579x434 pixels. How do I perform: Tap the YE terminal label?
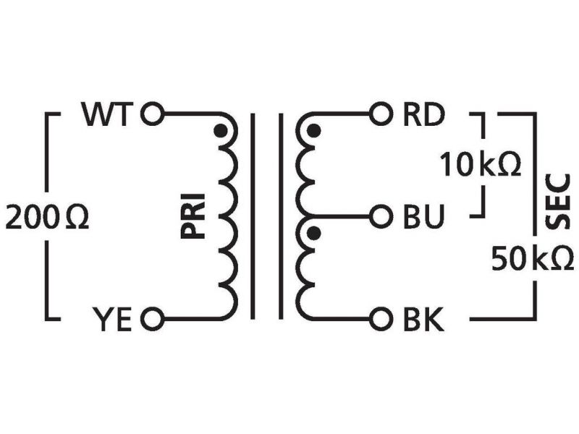[113, 319]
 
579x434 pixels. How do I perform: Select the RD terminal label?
[423, 114]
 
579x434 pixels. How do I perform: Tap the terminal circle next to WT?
[152, 114]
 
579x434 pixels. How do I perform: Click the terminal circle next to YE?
[152, 319]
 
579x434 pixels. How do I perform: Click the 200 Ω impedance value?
[47, 218]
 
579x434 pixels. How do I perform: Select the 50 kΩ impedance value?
[532, 258]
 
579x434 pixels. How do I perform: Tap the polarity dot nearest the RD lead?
[313, 132]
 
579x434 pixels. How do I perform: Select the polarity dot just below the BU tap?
[313, 234]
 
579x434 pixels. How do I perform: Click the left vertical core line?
[253, 216]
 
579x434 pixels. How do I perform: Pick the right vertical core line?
[280, 216]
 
